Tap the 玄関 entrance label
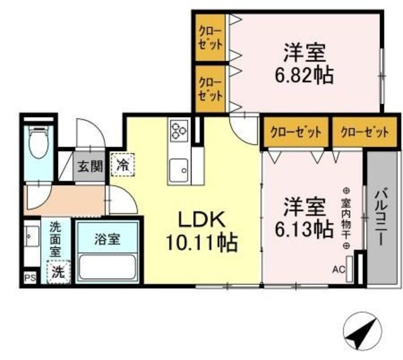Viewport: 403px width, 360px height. pyautogui.click(x=89, y=167)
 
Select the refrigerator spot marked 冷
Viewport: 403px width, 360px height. pyautogui.click(x=122, y=166)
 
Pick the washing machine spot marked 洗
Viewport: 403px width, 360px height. pyautogui.click(x=57, y=273)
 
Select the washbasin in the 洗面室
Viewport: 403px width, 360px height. pyautogui.click(x=32, y=237)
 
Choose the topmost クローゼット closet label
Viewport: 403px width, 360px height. pyautogui.click(x=210, y=37)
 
